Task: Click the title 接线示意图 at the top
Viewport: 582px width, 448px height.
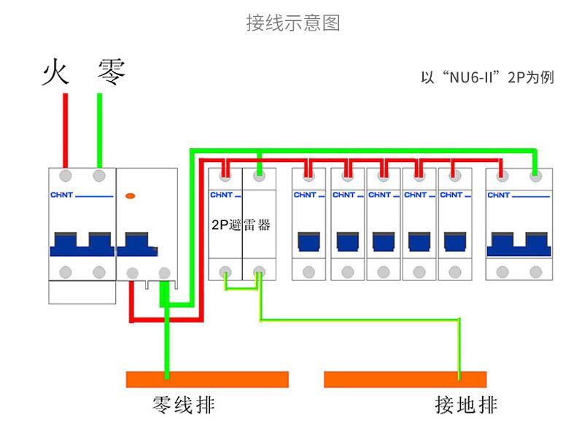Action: pos(293,23)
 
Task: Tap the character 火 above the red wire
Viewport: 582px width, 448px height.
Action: pos(55,72)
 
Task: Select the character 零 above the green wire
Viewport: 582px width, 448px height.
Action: pos(111,72)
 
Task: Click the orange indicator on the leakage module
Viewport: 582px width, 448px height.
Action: pos(131,196)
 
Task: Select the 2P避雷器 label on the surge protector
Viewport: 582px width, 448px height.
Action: pos(241,225)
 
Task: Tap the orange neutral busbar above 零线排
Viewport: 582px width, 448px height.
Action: pos(207,379)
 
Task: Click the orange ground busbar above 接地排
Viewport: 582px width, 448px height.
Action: pos(405,379)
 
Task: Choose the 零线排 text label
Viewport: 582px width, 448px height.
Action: pos(184,404)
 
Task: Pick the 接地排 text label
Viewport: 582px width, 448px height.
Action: pos(466,404)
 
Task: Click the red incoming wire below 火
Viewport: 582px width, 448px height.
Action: pos(66,131)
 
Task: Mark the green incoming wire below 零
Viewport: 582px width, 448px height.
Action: pos(99,131)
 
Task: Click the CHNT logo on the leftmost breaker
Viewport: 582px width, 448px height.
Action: pos(61,195)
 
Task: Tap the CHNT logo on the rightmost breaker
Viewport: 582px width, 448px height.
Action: pos(498,195)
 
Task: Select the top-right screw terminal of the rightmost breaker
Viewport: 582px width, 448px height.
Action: pos(535,176)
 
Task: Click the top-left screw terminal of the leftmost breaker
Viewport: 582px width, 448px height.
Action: pos(66,176)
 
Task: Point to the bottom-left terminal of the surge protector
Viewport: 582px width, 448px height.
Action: pos(225,272)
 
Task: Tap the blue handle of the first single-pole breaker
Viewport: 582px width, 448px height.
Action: pos(309,242)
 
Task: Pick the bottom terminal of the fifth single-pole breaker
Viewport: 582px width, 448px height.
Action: pos(455,272)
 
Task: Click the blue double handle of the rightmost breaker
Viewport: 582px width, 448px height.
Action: pos(519,244)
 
